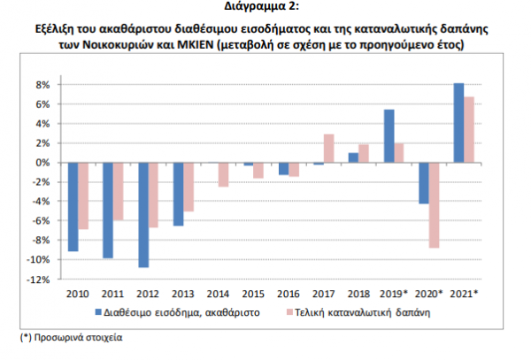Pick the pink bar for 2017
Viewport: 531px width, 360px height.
(x=328, y=149)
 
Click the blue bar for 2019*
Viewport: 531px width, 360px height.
(x=389, y=136)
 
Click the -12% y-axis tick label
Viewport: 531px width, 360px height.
(x=39, y=280)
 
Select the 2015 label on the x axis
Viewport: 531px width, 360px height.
(x=253, y=293)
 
